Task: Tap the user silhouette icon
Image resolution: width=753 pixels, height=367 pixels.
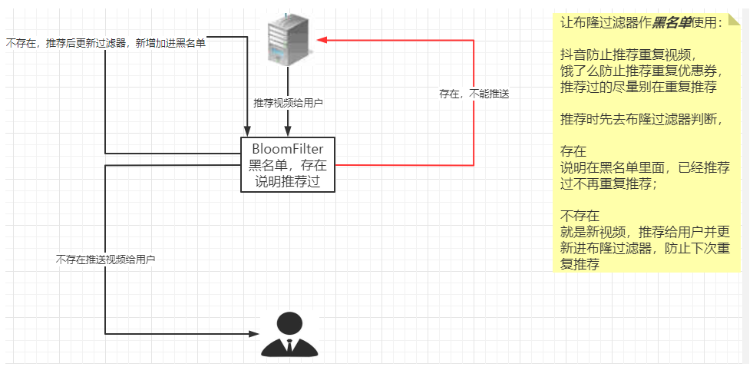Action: (289, 333)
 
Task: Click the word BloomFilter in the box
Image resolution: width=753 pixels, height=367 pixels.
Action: (288, 150)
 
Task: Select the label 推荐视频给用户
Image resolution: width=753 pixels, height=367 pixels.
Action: (288, 103)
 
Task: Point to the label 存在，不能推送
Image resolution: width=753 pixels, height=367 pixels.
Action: (474, 94)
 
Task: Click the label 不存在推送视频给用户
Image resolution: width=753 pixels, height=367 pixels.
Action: (106, 260)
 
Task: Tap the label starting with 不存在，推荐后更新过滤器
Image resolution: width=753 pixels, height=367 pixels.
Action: (106, 44)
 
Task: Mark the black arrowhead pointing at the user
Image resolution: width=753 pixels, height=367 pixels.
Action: (255, 333)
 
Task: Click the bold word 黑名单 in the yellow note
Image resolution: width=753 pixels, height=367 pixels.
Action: (675, 22)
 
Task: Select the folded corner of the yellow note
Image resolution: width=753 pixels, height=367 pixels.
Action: (735, 20)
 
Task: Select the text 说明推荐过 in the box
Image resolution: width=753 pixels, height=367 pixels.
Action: (288, 181)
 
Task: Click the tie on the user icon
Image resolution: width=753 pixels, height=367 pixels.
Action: (289, 346)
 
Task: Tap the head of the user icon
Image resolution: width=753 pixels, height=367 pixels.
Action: (289, 323)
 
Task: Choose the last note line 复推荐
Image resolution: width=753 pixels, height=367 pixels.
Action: (580, 264)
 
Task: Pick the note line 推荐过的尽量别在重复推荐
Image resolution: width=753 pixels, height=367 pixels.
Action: (639, 88)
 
